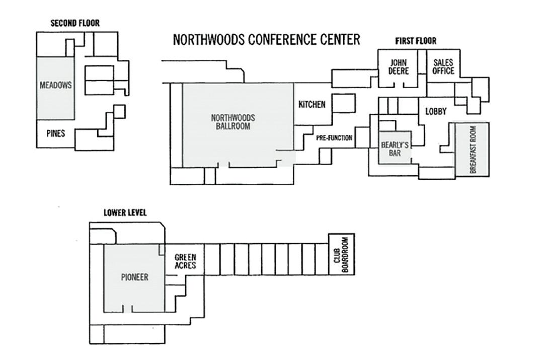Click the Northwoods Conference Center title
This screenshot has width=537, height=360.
click(266, 40)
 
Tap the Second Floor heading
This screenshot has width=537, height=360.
click(75, 23)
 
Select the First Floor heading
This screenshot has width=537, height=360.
click(415, 41)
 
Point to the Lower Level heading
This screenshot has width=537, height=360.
click(125, 213)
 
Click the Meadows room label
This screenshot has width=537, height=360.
click(55, 86)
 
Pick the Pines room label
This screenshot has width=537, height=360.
click(55, 134)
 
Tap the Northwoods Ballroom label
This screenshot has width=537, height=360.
click(233, 122)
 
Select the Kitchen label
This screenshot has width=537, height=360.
click(312, 105)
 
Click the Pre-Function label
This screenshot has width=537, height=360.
click(334, 138)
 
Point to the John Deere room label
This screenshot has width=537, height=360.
click(398, 67)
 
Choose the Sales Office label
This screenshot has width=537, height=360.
click(443, 67)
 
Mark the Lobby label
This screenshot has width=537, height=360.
click(436, 112)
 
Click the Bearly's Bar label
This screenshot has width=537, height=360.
click(395, 149)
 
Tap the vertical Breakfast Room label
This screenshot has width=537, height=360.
click(473, 150)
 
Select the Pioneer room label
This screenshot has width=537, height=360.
click(134, 277)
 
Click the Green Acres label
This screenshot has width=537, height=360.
click(185, 262)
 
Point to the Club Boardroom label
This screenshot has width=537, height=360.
click(341, 254)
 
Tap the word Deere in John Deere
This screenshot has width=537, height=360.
click(398, 71)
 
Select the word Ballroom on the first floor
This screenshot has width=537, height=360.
click(233, 126)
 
